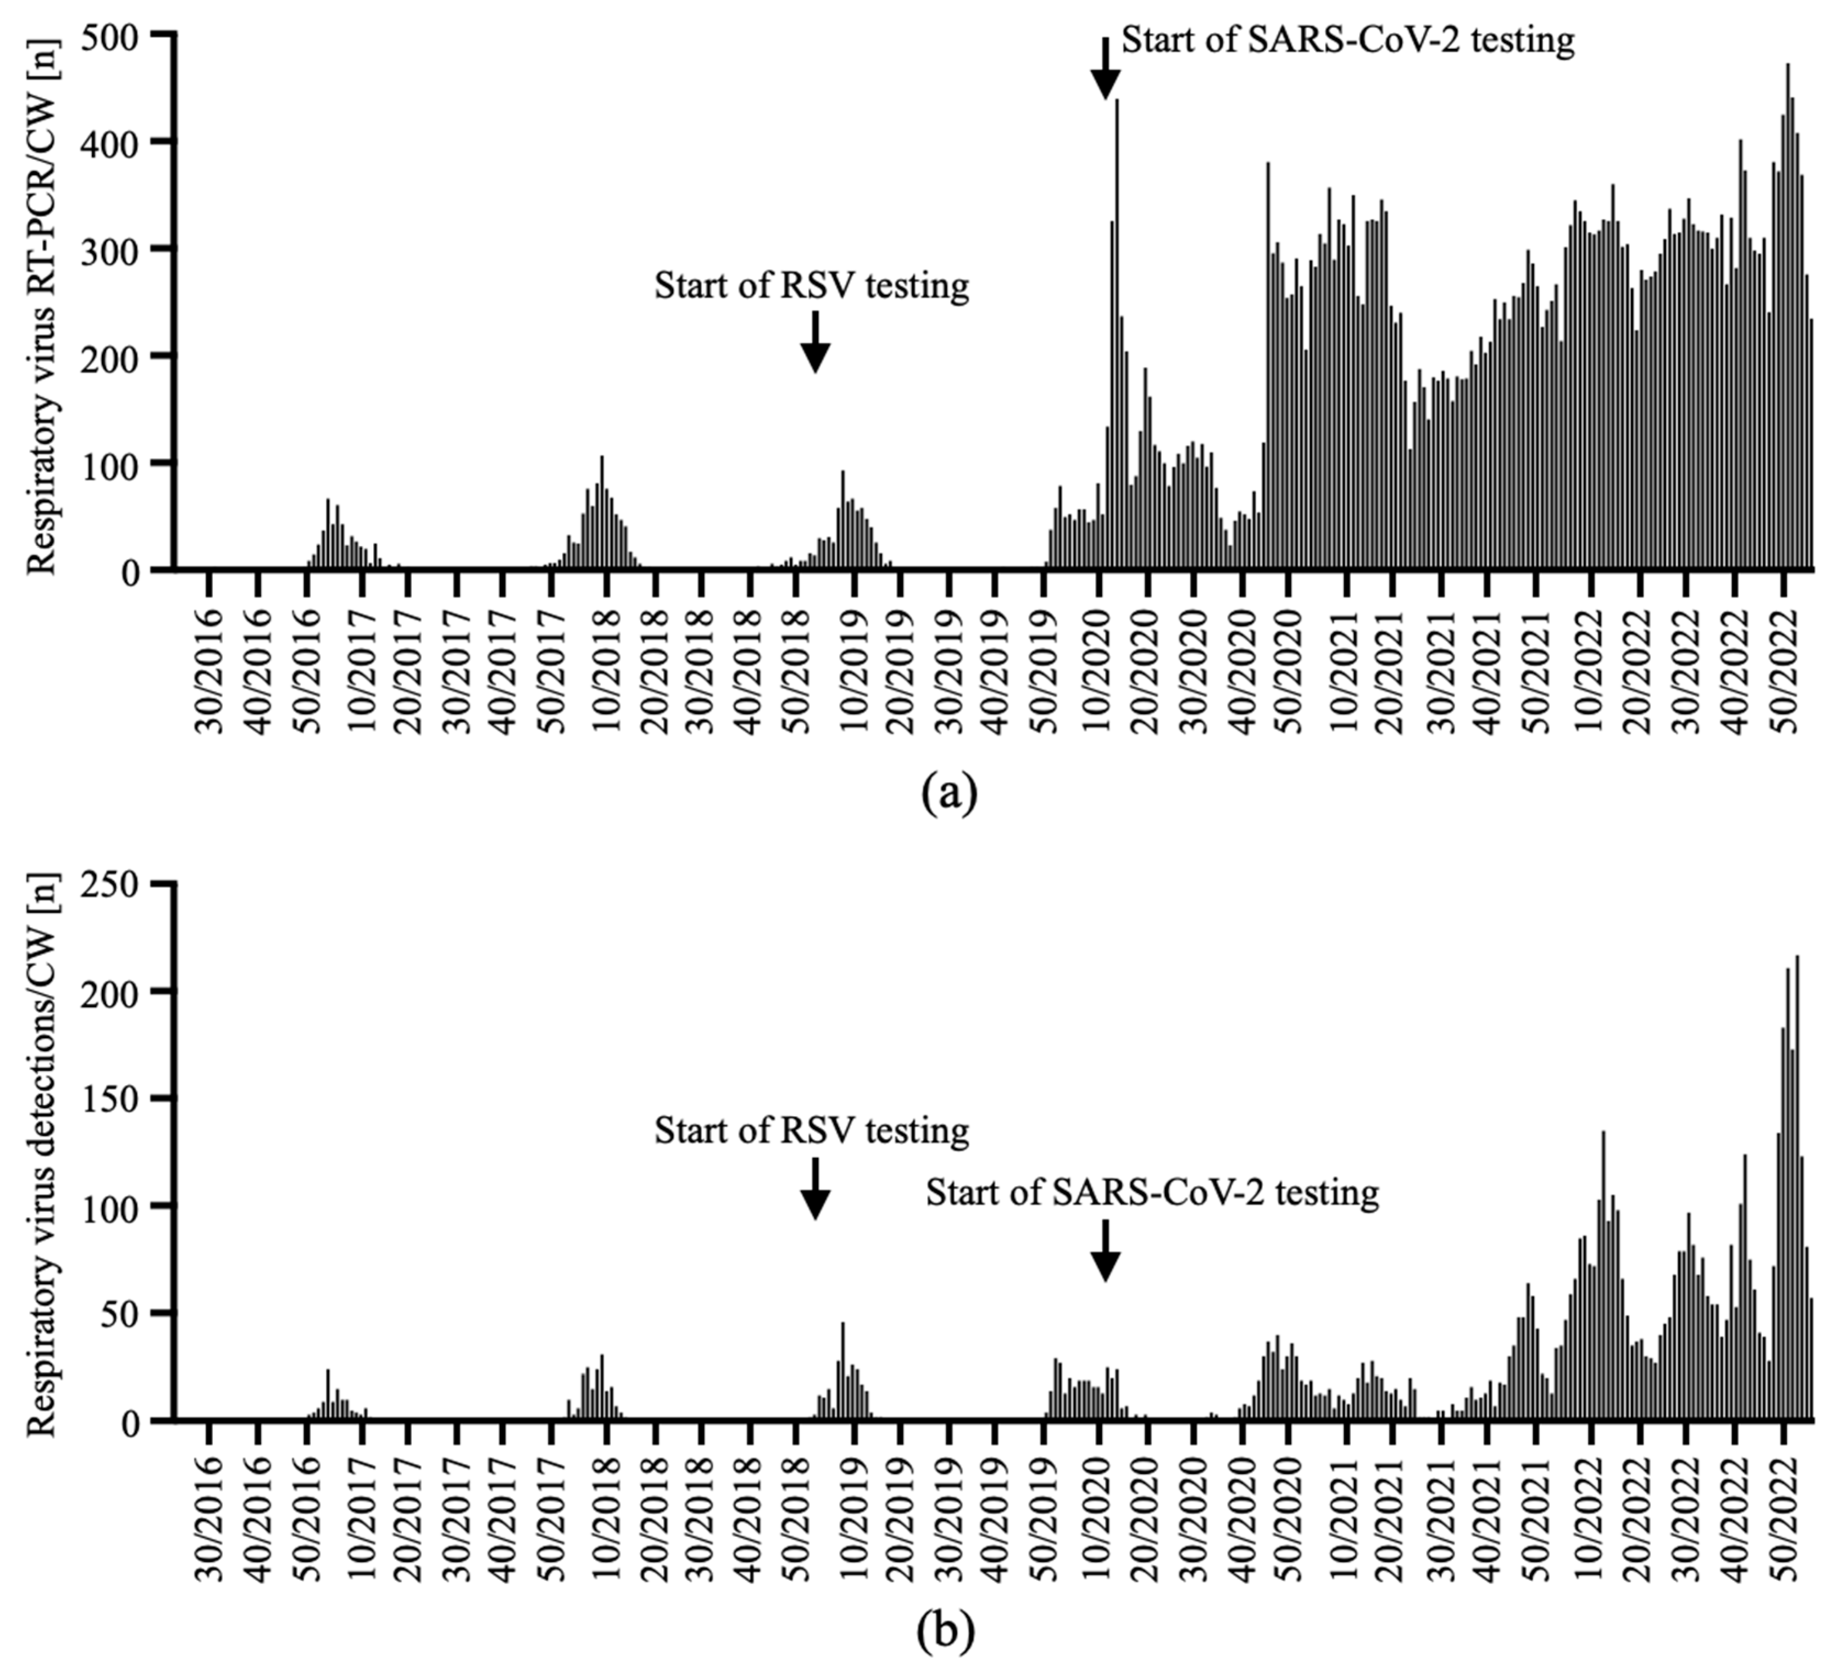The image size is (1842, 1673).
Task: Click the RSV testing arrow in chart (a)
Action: tap(815, 342)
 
